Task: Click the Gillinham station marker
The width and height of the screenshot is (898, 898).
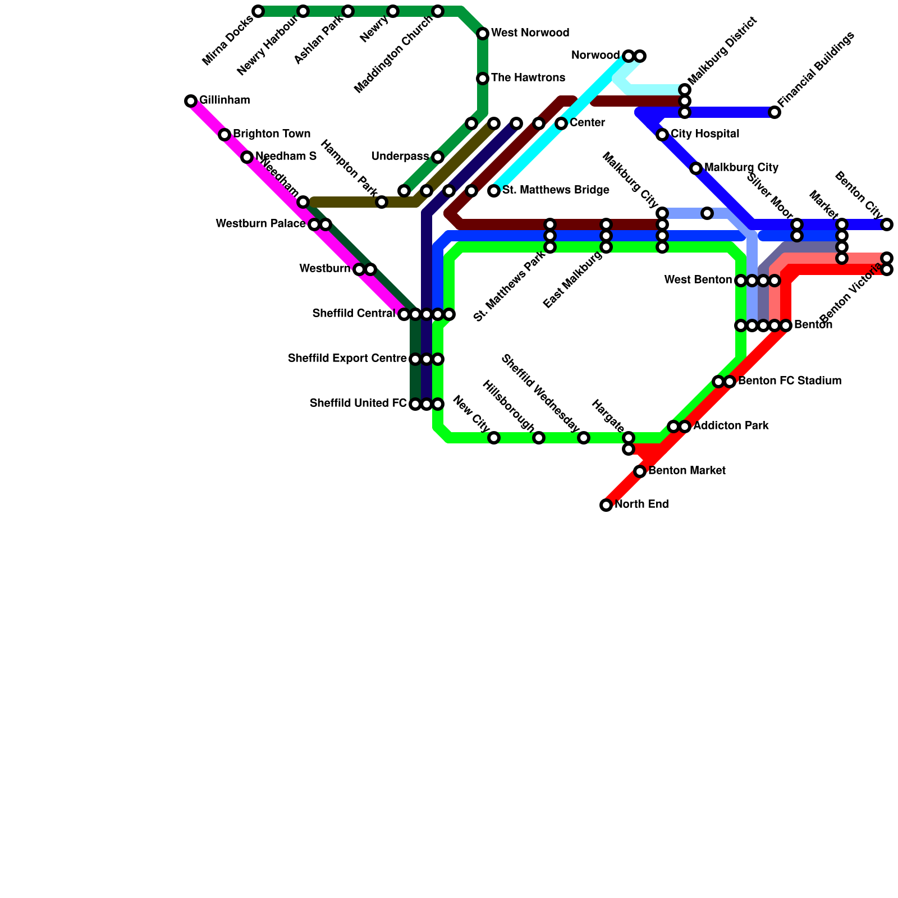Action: [x=191, y=101]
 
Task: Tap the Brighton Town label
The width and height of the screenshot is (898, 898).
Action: [x=272, y=134]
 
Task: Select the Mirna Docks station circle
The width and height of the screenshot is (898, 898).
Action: [x=258, y=11]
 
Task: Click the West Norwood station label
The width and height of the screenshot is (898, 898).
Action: [x=530, y=33]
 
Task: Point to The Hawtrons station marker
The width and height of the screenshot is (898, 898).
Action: [x=483, y=79]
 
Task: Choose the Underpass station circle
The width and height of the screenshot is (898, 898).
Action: [x=438, y=157]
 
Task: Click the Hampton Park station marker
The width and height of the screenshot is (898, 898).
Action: [x=382, y=202]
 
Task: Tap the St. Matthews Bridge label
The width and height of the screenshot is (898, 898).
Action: [x=556, y=190]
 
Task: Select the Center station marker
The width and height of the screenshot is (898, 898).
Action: [x=561, y=123]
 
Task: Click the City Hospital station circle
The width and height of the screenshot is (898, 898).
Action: [x=662, y=135]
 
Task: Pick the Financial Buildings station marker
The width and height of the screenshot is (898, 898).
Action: [x=775, y=112]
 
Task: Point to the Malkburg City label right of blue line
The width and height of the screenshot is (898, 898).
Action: [x=741, y=168]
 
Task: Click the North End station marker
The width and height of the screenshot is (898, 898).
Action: [x=606, y=505]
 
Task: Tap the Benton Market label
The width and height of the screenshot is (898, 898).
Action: [x=687, y=471]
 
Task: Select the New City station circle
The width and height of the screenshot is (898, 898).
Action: [x=494, y=438]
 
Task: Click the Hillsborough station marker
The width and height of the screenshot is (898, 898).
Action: [x=539, y=438]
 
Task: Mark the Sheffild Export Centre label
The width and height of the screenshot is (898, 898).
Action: [x=347, y=359]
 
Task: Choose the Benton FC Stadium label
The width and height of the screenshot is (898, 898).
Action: [x=790, y=381]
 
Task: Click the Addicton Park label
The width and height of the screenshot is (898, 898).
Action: [x=731, y=426]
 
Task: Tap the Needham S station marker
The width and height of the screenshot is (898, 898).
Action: [x=247, y=157]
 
